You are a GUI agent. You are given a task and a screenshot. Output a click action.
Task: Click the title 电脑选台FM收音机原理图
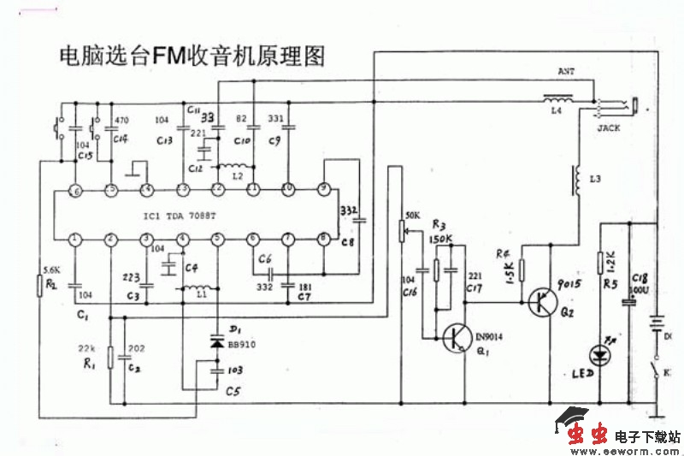click(x=192, y=57)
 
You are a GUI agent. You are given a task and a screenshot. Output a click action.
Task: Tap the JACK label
click(x=609, y=127)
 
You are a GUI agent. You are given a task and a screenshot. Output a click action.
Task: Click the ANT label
click(x=566, y=71)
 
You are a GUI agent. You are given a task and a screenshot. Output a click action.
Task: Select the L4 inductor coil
click(x=559, y=98)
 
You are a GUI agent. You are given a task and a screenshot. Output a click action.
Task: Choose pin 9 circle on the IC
click(x=324, y=188)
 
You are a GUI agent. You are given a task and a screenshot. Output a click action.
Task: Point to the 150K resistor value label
click(x=442, y=238)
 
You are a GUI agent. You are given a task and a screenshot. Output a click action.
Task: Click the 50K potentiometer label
click(x=412, y=214)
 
